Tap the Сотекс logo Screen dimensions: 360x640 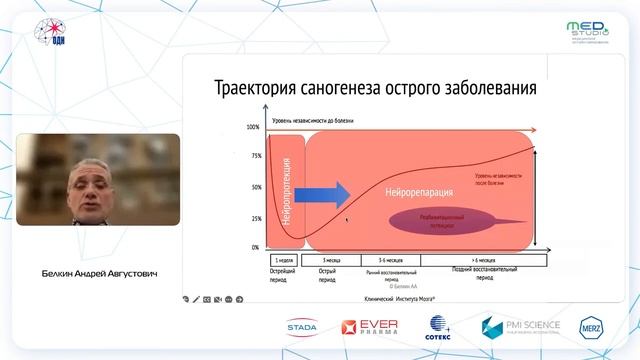pyautogui.click(x=440, y=327)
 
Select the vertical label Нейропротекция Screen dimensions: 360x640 pyautogui.click(x=286, y=190)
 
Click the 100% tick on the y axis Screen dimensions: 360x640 pyautogui.click(x=253, y=128)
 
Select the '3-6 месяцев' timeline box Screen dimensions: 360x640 pyautogui.click(x=383, y=259)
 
